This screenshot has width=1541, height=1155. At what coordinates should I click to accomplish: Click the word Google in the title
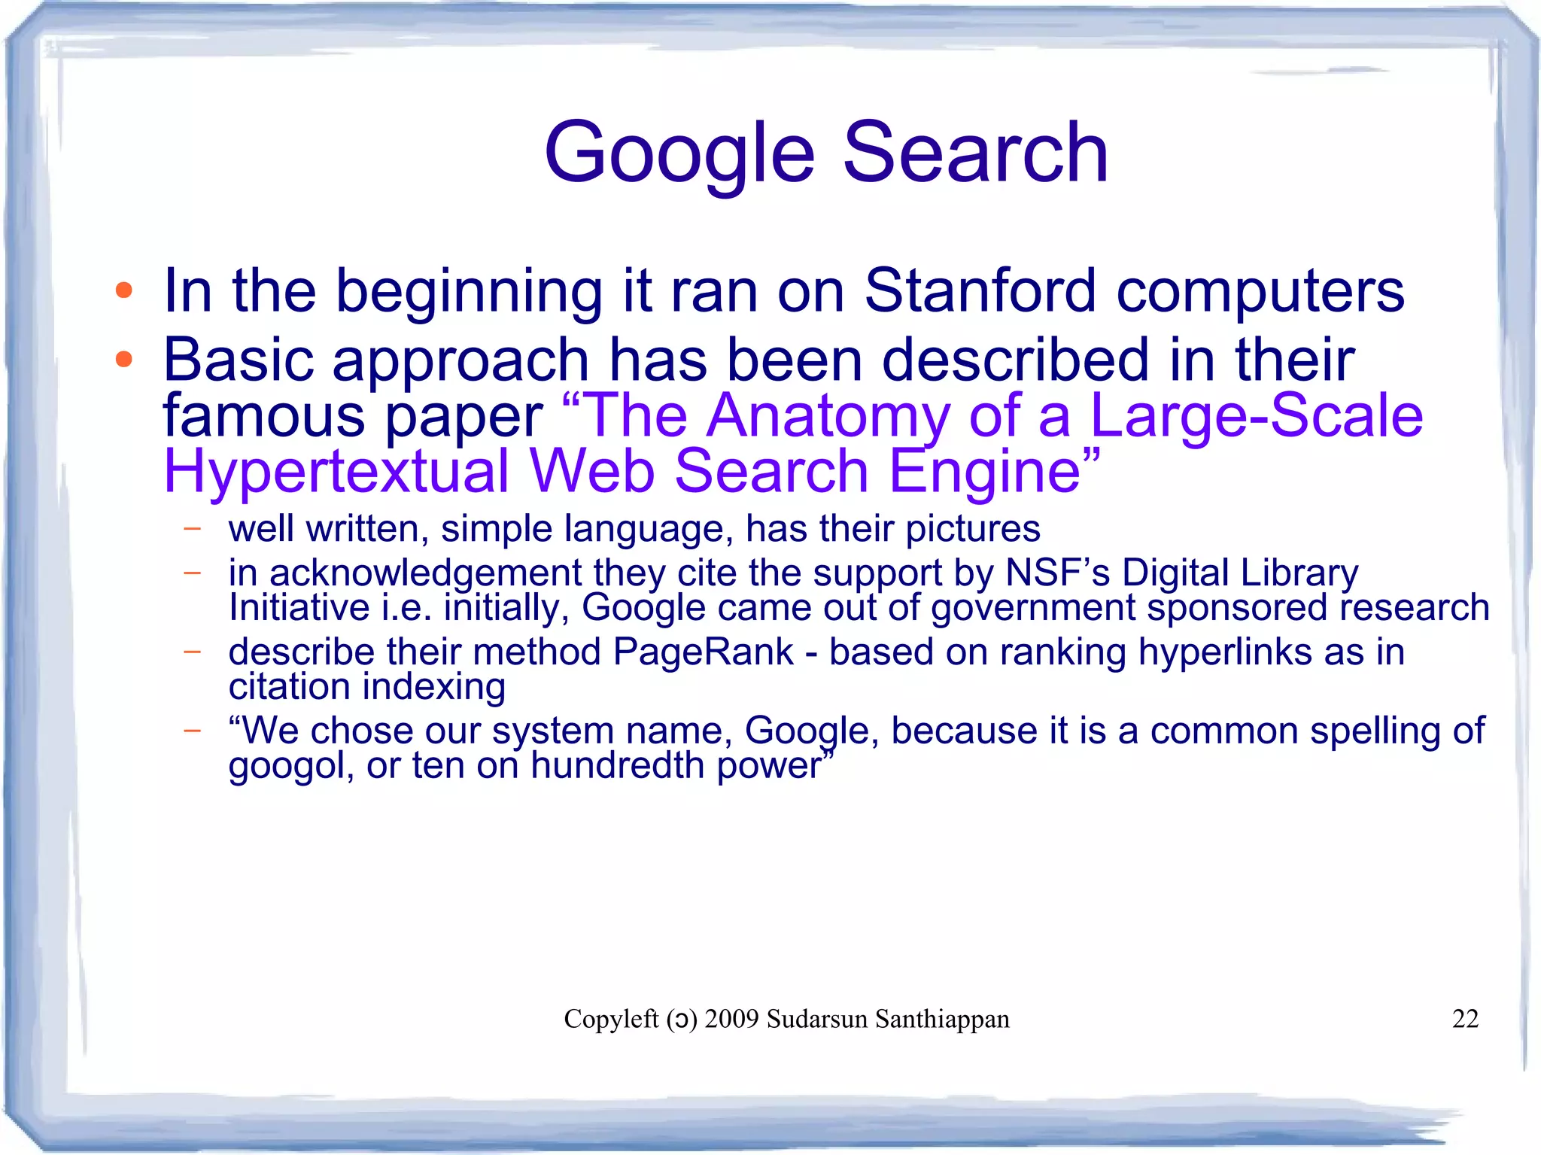click(x=679, y=154)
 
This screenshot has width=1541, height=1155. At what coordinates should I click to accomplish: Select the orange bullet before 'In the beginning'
click(x=124, y=290)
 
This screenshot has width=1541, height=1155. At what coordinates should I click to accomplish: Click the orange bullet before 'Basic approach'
click(x=124, y=360)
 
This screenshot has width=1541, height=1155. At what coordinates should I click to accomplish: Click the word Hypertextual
click(x=336, y=472)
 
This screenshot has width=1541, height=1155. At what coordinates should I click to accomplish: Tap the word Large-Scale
click(x=1256, y=416)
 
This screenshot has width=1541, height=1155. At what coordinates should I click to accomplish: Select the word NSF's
click(x=1057, y=573)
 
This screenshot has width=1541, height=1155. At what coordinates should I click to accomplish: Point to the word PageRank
click(x=703, y=652)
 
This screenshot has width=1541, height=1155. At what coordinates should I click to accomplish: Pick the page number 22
click(x=1465, y=1019)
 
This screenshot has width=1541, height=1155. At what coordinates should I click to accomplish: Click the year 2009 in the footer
click(x=731, y=1019)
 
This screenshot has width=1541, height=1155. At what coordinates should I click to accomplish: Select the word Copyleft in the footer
click(x=611, y=1019)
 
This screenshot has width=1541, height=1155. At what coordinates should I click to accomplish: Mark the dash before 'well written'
click(x=193, y=529)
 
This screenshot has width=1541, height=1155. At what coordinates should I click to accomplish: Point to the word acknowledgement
click(x=425, y=573)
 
